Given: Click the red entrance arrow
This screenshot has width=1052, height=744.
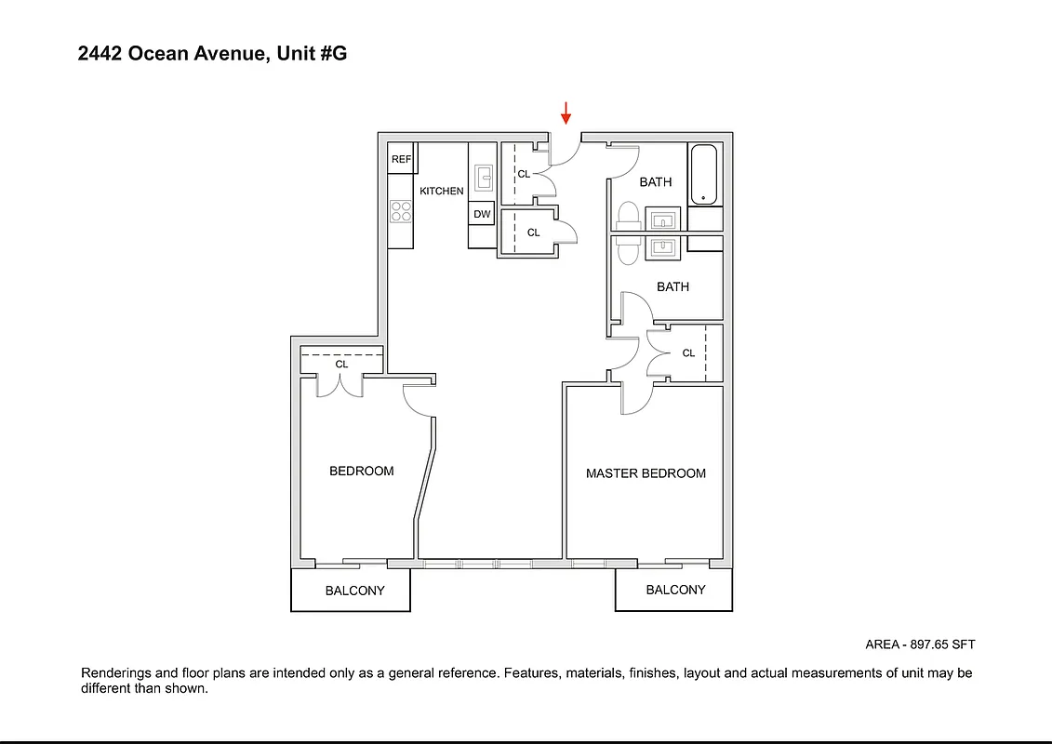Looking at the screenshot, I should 566,113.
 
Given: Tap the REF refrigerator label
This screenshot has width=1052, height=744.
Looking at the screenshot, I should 401,159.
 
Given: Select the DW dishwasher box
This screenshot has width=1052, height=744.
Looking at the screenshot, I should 482,214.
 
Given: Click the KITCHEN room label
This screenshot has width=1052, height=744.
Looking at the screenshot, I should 441,191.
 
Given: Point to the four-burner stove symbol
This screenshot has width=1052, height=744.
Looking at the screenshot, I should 401,211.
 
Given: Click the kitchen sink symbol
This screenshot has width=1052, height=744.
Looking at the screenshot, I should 484,177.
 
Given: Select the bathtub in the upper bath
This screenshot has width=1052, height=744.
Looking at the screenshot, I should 704,174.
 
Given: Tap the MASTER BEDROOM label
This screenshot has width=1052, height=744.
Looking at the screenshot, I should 646,473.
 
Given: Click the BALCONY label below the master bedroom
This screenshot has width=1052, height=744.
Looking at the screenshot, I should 675,590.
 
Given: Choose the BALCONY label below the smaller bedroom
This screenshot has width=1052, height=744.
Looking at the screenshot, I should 354,591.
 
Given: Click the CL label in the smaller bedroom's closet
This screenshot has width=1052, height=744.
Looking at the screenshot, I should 341,365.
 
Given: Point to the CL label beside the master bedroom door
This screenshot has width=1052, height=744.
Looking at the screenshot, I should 688,353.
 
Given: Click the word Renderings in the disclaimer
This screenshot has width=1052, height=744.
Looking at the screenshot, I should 115,672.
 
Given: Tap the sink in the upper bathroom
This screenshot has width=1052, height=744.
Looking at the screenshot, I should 664,219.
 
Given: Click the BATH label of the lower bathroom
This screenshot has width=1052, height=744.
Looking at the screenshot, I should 672,286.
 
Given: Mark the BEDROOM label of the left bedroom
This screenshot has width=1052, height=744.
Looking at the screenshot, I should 361,472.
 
